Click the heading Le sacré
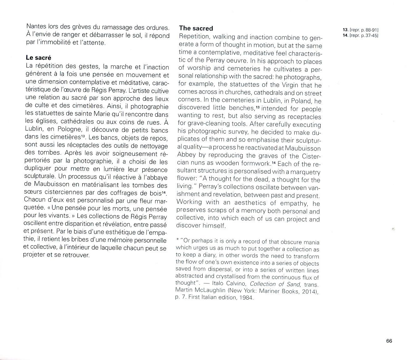pos(38,58)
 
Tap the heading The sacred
pos(196,28)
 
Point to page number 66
pos(389,341)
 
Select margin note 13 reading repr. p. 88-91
pos(361,30)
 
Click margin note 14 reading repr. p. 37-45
pos(361,35)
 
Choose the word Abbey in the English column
pos(186,155)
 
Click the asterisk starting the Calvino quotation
pos(177,241)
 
